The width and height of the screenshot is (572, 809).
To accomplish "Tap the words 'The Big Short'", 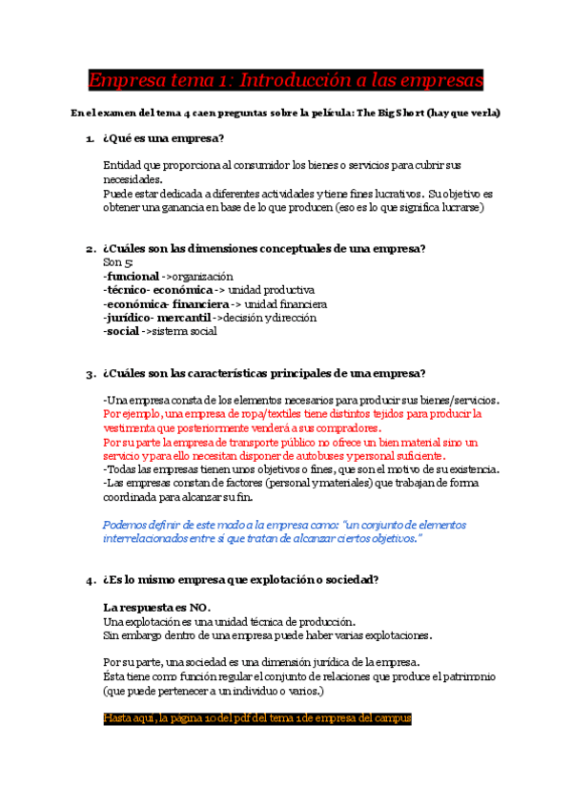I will [395, 113].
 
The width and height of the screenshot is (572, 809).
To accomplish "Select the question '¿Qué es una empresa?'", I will [163, 139].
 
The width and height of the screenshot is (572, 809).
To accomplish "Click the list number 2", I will [89, 249].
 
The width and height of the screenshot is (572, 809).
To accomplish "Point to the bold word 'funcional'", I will [132, 276].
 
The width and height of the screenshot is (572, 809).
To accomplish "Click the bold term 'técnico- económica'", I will [157, 290].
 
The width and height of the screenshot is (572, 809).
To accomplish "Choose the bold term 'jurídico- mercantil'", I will [156, 318].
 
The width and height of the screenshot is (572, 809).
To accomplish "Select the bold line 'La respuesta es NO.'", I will [156, 608].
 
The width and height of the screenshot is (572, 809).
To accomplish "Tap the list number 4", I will [89, 580].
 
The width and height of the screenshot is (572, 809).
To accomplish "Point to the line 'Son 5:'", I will [117, 262].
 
